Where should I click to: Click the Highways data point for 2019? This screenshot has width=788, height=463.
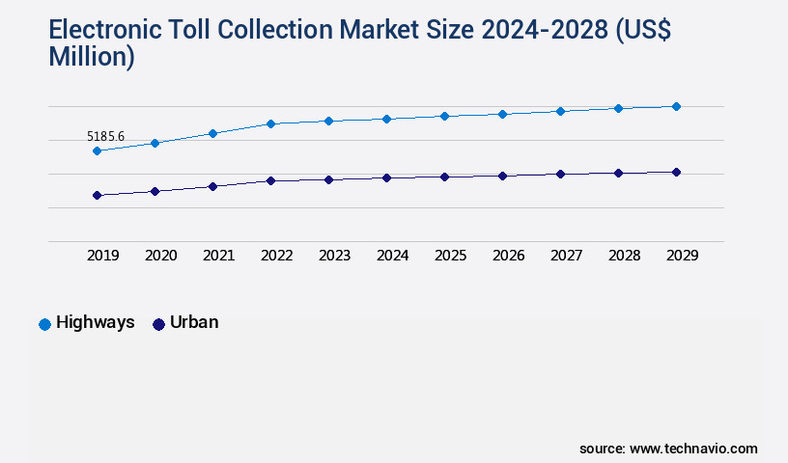coord(97,150)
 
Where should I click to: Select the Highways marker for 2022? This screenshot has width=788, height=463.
coord(270,123)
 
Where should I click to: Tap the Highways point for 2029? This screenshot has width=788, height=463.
coord(676,106)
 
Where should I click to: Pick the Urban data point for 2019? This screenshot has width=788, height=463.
coord(97,195)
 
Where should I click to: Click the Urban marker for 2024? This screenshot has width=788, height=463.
coord(386,177)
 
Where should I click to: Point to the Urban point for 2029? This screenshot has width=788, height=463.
coord(676,172)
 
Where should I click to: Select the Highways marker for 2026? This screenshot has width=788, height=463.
coord(502,114)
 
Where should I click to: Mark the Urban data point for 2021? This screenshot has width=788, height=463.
coord(212,186)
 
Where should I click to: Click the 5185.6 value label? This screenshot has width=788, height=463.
coord(105,136)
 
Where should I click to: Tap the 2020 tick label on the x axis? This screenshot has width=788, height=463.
coord(160,256)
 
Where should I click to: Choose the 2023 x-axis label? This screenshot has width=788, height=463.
coord(334,256)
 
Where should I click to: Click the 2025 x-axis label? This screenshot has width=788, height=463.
coord(450,256)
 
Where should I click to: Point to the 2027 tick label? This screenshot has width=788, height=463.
coord(566,256)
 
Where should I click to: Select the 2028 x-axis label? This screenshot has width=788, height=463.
coord(624,256)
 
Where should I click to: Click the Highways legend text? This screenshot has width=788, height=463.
coord(95,323)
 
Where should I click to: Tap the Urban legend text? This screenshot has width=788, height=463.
coord(194,323)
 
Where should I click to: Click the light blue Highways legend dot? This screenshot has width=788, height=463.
coord(44,324)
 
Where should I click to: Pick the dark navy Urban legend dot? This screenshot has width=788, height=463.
coord(159,324)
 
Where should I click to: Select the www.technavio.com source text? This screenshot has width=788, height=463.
coord(693,449)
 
